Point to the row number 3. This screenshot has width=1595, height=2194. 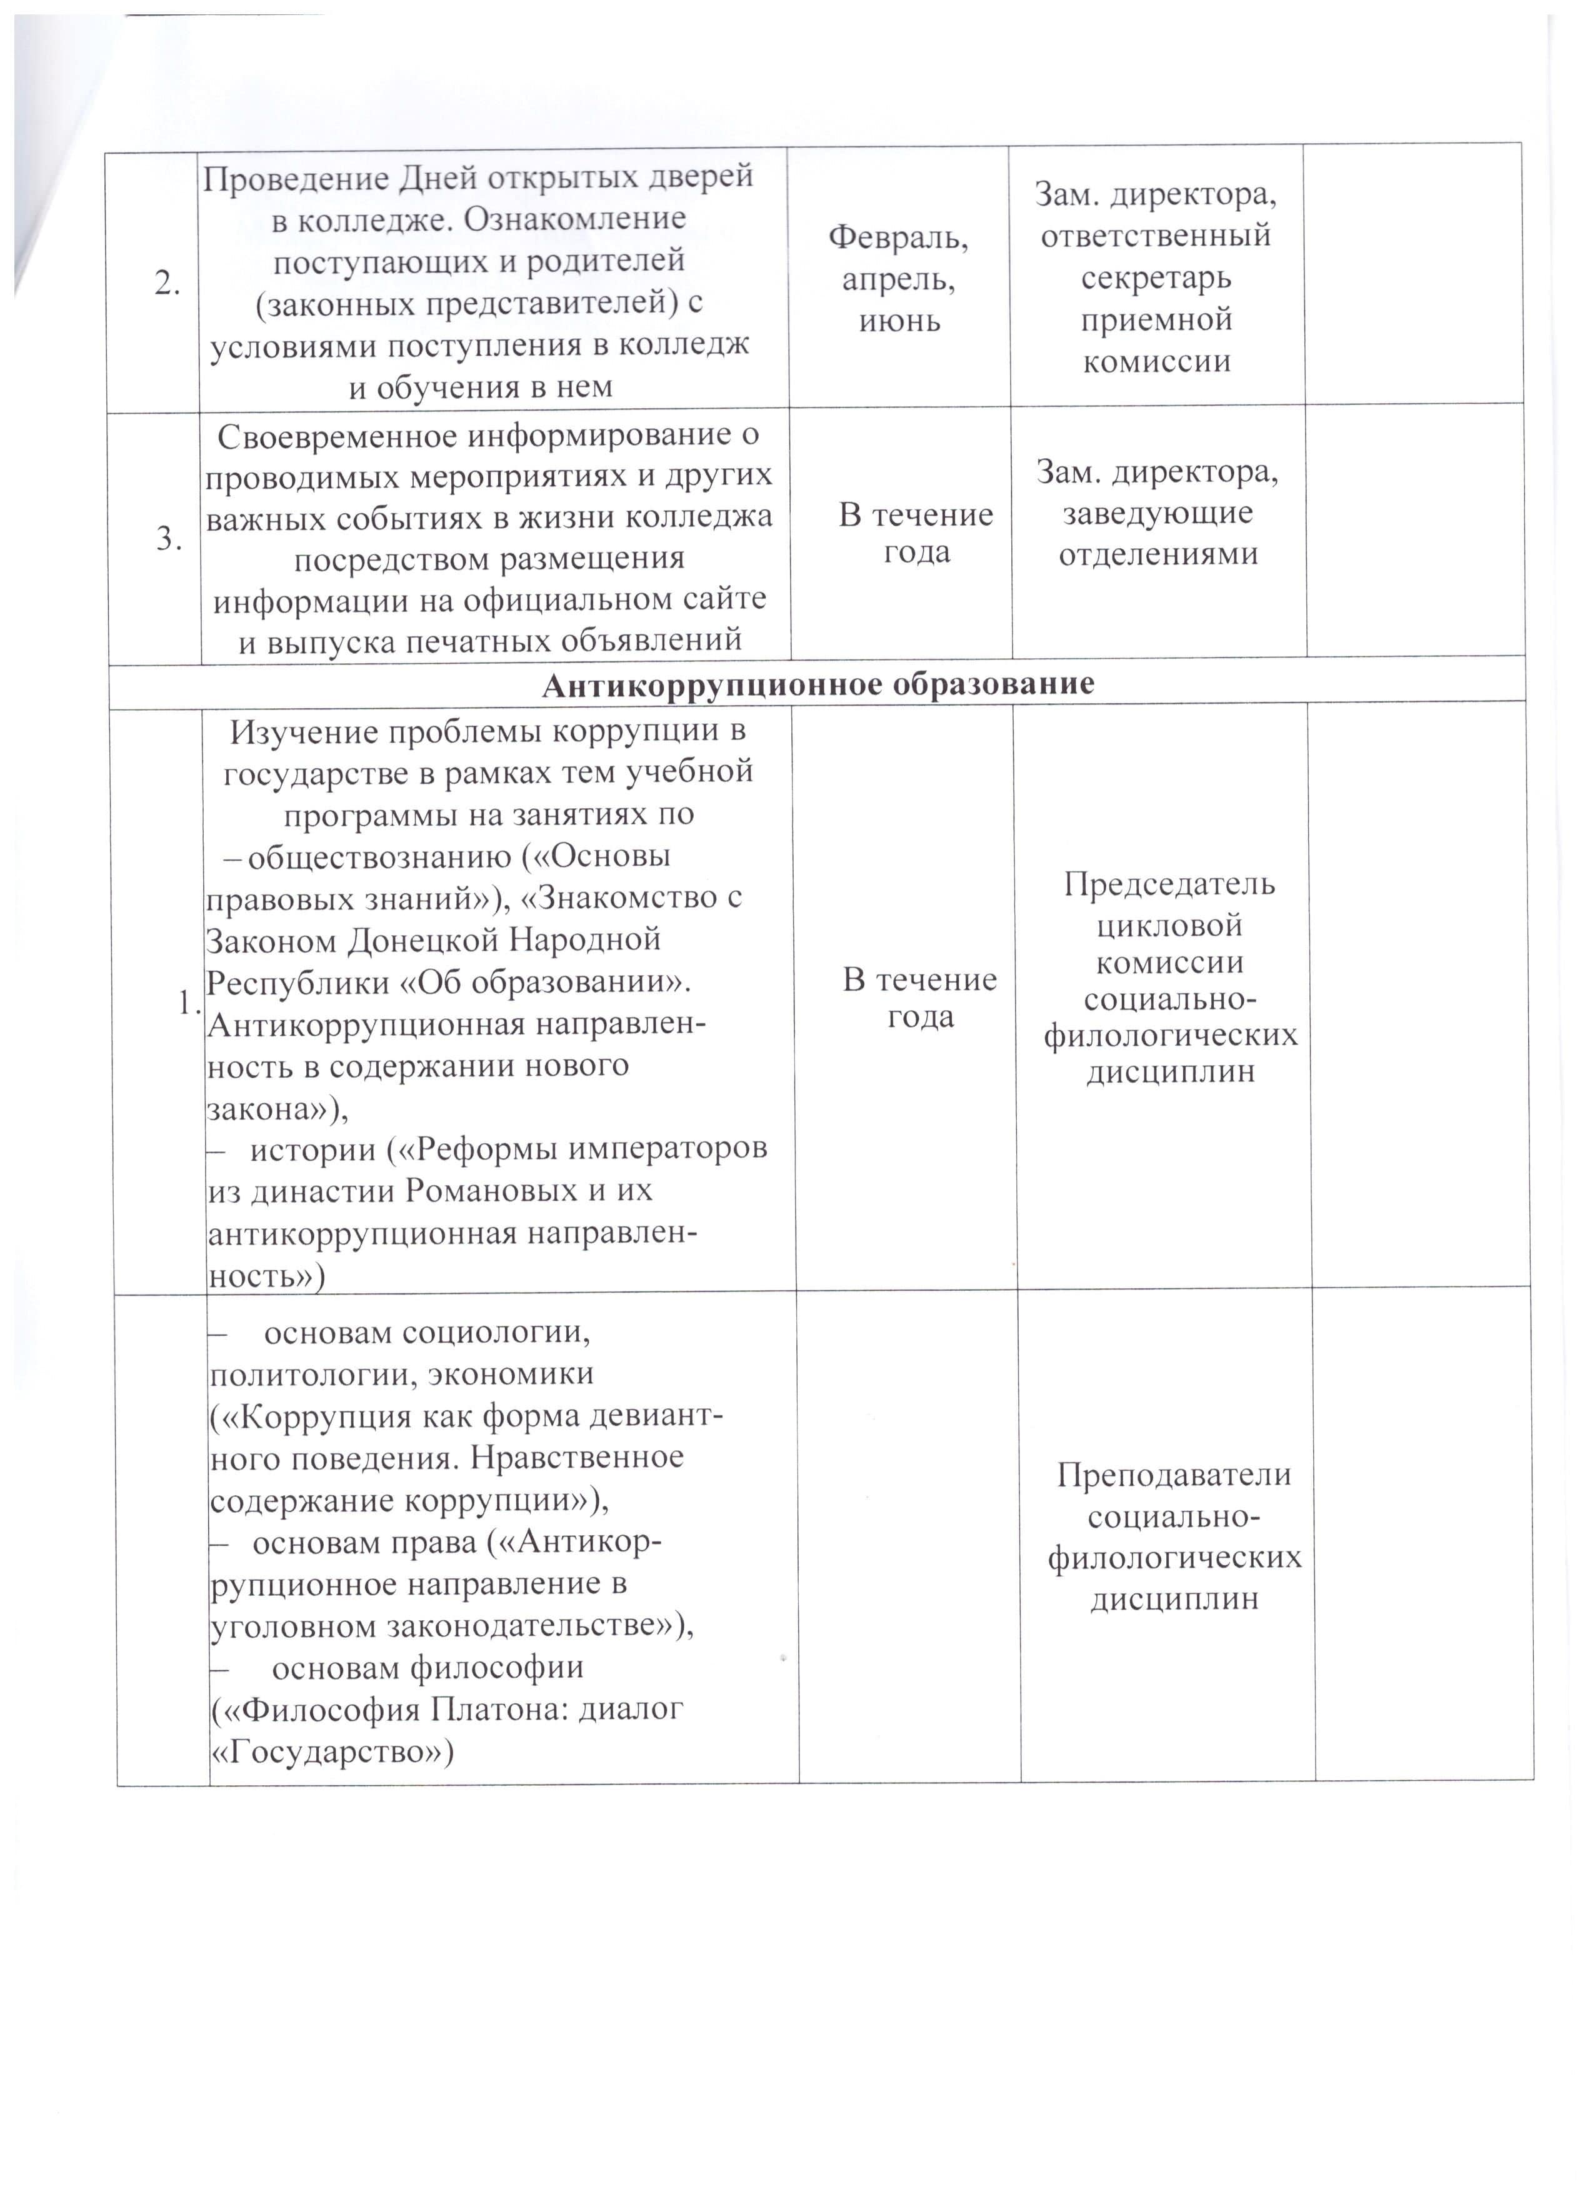(x=170, y=539)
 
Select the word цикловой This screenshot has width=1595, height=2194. (x=1169, y=926)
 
